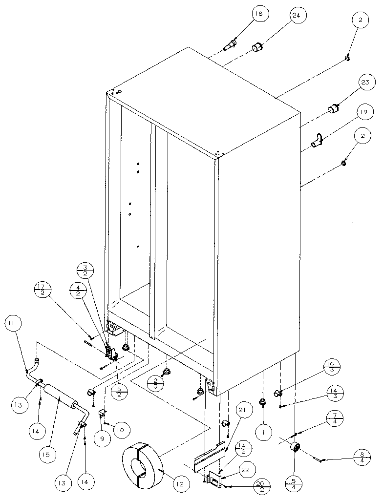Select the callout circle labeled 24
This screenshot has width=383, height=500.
(297, 16)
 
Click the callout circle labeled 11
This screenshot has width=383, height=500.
(14, 324)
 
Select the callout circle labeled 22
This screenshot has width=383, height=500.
(246, 469)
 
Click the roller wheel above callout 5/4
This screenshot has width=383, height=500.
(296, 448)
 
